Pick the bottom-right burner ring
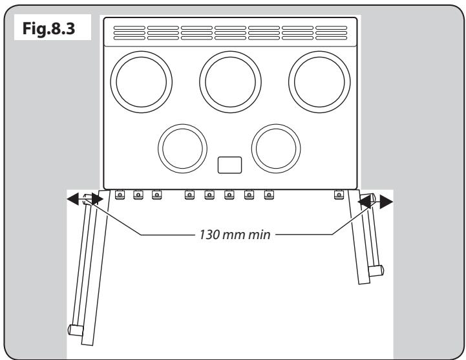275,147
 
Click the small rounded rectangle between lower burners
229,165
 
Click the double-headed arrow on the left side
85,200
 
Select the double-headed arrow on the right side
375,202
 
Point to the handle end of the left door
75,330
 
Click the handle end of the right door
377,270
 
